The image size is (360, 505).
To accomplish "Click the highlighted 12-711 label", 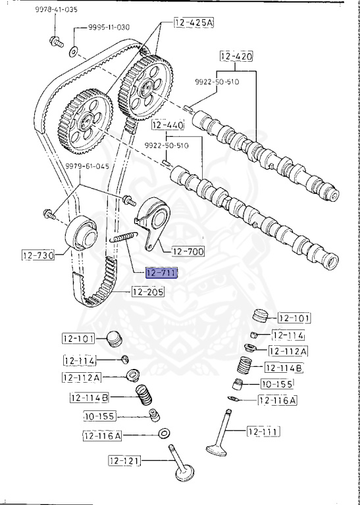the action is [x=161, y=274].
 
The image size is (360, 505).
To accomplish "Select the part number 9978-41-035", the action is [x=56, y=9].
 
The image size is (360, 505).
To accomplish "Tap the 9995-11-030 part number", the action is [x=109, y=27].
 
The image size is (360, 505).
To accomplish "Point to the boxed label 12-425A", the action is [x=194, y=22].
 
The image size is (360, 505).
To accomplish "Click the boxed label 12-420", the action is [x=236, y=57].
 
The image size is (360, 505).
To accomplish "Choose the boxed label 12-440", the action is [x=168, y=125].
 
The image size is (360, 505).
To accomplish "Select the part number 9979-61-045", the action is [x=87, y=166].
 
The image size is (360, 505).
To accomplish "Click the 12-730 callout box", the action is [x=38, y=255].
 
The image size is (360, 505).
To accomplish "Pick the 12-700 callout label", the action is [x=188, y=251].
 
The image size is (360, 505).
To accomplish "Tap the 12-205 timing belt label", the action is [x=148, y=291].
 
